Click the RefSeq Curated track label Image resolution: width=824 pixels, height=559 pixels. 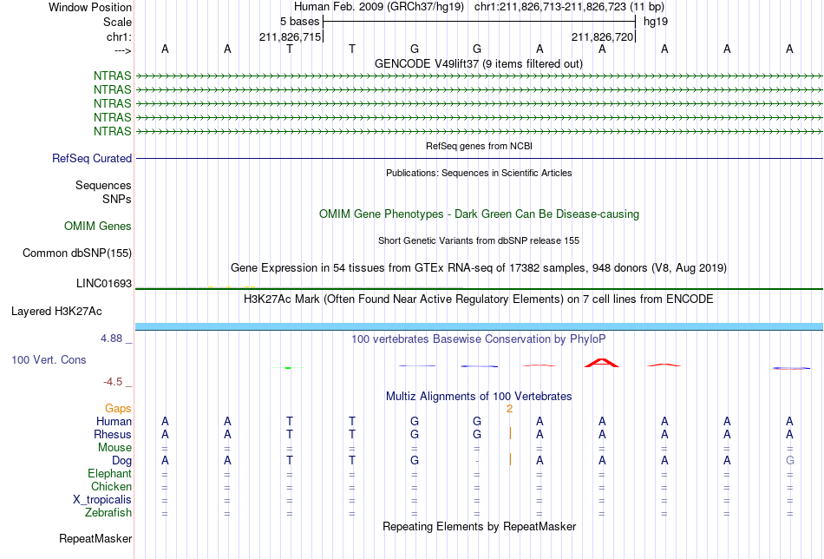[92, 158]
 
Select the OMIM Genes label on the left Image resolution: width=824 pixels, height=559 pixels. [98, 227]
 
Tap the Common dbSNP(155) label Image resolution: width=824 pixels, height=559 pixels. [77, 253]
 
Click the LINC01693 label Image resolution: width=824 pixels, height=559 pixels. [104, 284]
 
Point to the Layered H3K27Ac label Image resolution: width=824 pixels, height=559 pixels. [56, 312]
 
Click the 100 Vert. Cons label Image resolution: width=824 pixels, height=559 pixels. [49, 359]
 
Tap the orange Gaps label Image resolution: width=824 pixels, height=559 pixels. [118, 409]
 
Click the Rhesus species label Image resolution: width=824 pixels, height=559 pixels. [113, 434]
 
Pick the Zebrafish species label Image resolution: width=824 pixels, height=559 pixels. [108, 512]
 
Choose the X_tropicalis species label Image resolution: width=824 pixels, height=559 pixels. [102, 500]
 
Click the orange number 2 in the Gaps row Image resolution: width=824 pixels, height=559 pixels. [509, 409]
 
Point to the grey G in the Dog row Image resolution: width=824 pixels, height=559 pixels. [789, 461]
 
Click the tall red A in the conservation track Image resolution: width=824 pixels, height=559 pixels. [602, 362]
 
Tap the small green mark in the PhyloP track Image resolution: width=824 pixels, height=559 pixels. [288, 367]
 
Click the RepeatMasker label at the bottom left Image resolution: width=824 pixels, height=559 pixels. [95, 538]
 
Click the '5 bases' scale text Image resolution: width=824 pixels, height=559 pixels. [299, 22]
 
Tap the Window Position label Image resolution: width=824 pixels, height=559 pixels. [90, 7]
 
